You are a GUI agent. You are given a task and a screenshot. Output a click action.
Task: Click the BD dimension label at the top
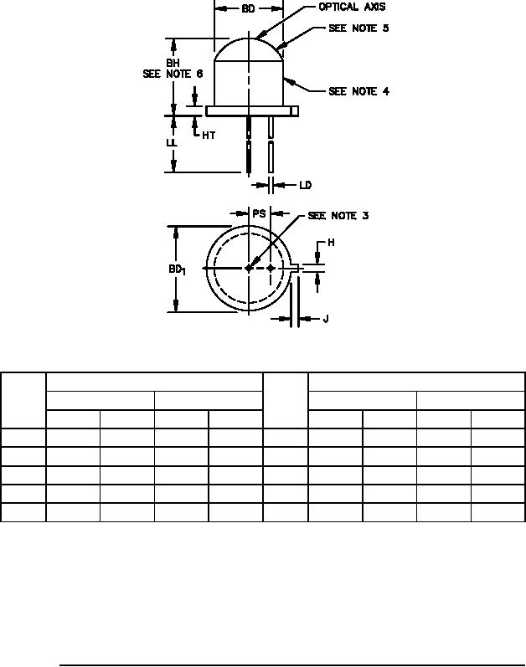pyautogui.click(x=248, y=8)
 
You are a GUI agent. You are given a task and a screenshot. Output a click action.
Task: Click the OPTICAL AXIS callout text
pyautogui.click(x=353, y=7)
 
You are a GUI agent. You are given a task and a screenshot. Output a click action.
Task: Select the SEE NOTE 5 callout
pyautogui.click(x=358, y=28)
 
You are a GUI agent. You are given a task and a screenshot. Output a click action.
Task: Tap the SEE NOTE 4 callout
pyautogui.click(x=358, y=91)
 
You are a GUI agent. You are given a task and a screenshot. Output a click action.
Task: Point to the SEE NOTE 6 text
pyautogui.click(x=173, y=74)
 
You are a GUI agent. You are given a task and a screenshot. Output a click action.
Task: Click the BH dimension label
pyautogui.click(x=173, y=63)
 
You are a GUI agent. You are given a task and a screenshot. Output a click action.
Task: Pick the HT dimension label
pyautogui.click(x=209, y=136)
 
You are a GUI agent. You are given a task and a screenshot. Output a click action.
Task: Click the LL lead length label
pyautogui.click(x=171, y=142)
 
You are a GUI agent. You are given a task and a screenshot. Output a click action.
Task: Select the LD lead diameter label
pyautogui.click(x=306, y=185)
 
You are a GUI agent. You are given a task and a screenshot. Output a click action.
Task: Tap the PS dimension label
pyautogui.click(x=259, y=213)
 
